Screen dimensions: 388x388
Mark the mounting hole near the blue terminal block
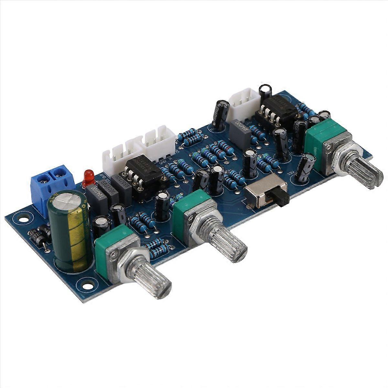coord(23,220)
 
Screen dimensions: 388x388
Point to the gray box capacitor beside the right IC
coord(240,133)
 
